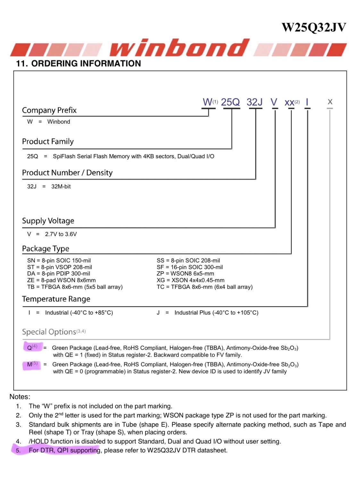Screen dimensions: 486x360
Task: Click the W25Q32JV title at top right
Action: click(314, 28)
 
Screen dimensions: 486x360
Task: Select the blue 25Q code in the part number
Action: click(230, 102)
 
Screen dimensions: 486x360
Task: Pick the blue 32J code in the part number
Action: click(255, 102)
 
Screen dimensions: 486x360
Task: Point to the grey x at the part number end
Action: click(330, 102)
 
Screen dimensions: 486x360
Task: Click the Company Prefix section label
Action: click(49, 110)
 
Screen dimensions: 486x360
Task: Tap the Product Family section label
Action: click(48, 141)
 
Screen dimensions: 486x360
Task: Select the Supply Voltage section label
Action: click(48, 221)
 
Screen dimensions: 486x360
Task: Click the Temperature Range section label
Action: click(56, 299)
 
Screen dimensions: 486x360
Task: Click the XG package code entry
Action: click(161, 280)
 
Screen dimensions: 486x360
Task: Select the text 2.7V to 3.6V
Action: click(61, 234)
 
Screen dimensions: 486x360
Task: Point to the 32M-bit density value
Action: click(61, 186)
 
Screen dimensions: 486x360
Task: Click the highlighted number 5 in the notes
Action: click(18, 450)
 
